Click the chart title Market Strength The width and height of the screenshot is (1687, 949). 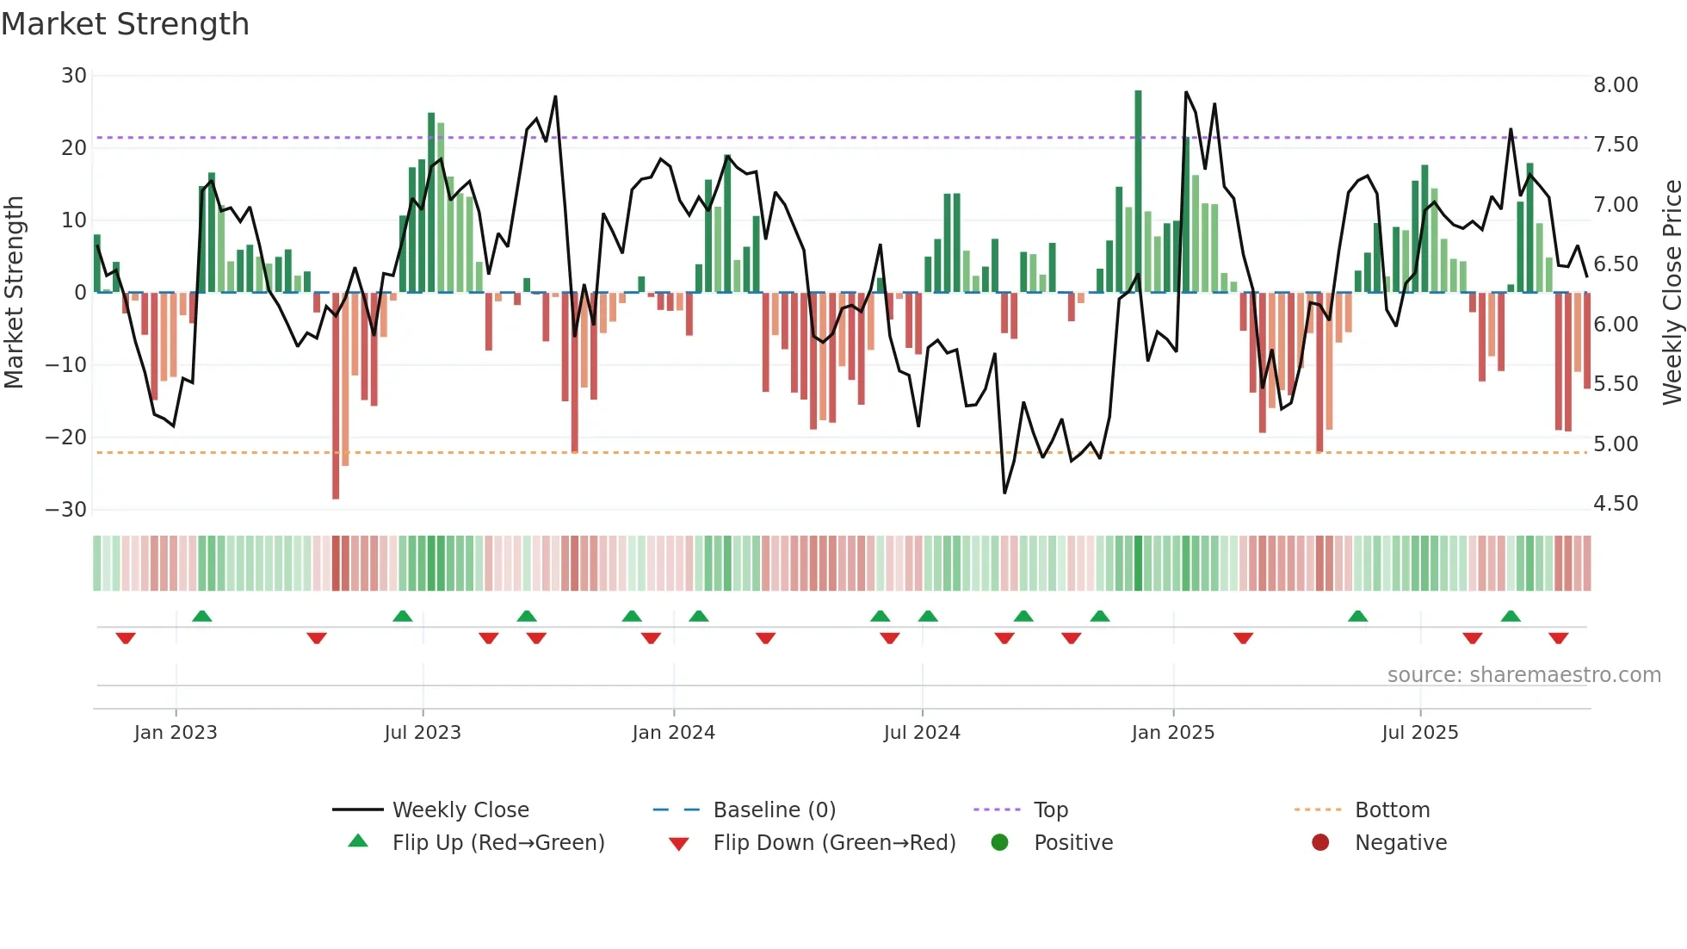pos(125,24)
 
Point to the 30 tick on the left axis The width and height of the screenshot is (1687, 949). pos(74,76)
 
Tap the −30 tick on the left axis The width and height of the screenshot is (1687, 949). pos(66,509)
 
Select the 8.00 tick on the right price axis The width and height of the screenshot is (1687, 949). pos(1615,85)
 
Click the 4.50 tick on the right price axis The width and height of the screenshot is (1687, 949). pos(1615,504)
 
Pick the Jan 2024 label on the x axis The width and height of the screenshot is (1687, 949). pos(673,733)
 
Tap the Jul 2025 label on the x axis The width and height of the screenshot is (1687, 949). pos(1419,733)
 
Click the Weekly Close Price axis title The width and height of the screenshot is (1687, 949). pos(1672,292)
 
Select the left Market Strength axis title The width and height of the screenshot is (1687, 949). pos(15,292)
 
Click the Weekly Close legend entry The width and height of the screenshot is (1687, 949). pos(460,810)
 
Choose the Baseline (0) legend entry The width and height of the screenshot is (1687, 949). pos(774,810)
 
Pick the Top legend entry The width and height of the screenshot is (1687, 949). pos(1050,810)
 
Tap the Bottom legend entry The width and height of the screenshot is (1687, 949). pos(1392,810)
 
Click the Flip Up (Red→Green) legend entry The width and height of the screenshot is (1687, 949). pos(497,843)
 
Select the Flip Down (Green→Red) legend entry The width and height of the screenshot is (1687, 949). pos(834,843)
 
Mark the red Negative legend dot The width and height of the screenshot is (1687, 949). pos(1320,842)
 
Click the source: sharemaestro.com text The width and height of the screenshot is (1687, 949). pos(1523,675)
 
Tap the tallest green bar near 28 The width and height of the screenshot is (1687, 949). pos(1138,189)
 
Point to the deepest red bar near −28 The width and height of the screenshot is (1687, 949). pos(336,396)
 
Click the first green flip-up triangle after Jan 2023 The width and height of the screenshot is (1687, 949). pos(202,616)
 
